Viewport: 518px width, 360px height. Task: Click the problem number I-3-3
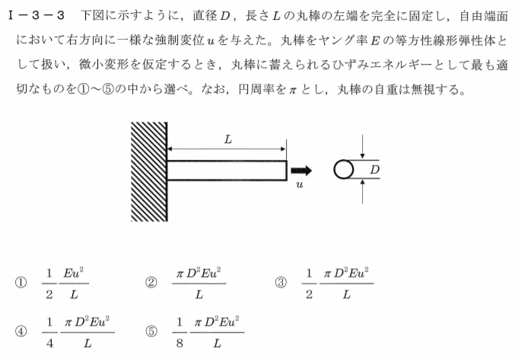tap(37, 15)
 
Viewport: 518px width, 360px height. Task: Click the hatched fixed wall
tap(149, 171)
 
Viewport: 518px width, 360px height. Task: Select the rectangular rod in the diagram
tap(227, 170)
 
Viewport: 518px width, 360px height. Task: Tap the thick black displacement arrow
tap(301, 170)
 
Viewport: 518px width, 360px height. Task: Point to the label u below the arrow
tap(299, 184)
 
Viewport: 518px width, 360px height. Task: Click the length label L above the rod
tap(228, 140)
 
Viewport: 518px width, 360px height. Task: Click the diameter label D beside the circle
tap(375, 170)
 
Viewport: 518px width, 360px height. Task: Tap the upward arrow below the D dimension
tap(363, 191)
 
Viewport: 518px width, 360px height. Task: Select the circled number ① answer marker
tap(21, 282)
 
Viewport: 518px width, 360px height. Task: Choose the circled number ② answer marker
tap(151, 282)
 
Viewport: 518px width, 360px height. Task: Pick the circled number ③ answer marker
tap(281, 282)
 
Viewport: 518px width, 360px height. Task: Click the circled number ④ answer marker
tap(21, 331)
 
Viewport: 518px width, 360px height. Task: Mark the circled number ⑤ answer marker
tap(151, 331)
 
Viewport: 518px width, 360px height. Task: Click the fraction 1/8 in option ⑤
tap(180, 333)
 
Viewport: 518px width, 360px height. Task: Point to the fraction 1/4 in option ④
tap(49, 333)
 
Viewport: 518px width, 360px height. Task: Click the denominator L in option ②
tap(199, 295)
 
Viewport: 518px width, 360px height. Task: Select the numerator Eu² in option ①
tap(74, 273)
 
